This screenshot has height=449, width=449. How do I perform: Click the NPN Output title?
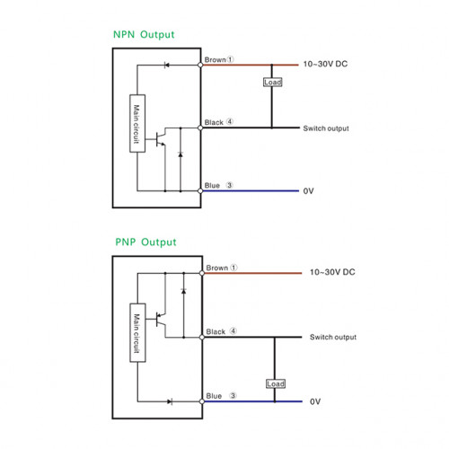coord(144,34)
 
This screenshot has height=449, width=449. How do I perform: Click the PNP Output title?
coord(145,242)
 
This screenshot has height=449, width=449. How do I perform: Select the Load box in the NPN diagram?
coord(273,82)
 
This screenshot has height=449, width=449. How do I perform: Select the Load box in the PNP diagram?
coord(276,383)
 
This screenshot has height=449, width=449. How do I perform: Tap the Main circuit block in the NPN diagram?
coord(137,123)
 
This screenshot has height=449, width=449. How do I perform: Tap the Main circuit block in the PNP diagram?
coord(137,332)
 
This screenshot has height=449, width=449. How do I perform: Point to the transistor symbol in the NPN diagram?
coord(161,139)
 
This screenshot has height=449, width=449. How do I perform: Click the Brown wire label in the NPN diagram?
coord(215,60)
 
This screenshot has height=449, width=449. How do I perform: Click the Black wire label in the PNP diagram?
coord(216,331)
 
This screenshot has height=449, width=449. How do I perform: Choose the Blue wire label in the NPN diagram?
coord(212,186)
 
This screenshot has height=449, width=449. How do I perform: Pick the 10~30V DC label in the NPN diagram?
coord(325,64)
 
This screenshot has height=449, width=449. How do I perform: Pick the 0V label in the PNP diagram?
coord(315,401)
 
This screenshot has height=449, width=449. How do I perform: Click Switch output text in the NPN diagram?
coord(326,128)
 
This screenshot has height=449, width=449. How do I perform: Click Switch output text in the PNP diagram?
coord(333,337)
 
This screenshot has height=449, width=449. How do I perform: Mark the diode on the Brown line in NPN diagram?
coord(166,65)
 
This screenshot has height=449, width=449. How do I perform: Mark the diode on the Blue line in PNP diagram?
coord(170,401)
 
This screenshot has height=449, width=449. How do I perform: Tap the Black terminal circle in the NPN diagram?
coord(200,128)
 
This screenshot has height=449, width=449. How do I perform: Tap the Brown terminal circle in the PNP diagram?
coord(202,273)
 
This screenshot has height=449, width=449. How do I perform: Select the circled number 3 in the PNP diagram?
coord(233,395)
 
